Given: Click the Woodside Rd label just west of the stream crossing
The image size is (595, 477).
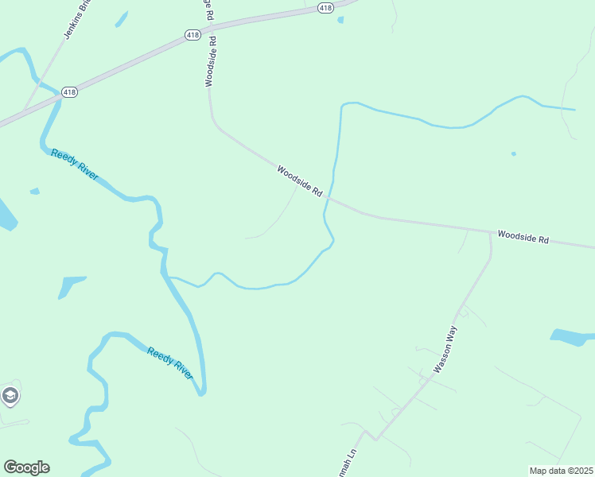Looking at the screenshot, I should (x=299, y=181).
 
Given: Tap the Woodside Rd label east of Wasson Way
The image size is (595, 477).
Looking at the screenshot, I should (x=523, y=237).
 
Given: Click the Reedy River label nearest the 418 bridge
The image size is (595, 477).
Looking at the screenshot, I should (x=75, y=165).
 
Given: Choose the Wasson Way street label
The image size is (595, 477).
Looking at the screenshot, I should (x=446, y=353).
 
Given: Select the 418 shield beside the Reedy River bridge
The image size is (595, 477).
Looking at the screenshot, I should (x=70, y=92).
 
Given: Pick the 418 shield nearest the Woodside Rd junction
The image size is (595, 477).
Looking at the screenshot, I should (x=192, y=35).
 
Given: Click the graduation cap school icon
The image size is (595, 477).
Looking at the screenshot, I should (x=10, y=395).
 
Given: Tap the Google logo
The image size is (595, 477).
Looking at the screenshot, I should (x=26, y=467).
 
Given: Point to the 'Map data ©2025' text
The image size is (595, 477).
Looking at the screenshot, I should (x=561, y=470).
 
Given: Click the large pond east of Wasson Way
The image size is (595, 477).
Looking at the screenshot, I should (x=571, y=337).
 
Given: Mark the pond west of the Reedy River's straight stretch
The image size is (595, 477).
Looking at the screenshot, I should (x=71, y=285).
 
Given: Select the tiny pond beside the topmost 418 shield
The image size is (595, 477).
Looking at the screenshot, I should (x=340, y=20).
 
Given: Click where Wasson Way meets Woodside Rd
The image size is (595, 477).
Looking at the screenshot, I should (x=489, y=233).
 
